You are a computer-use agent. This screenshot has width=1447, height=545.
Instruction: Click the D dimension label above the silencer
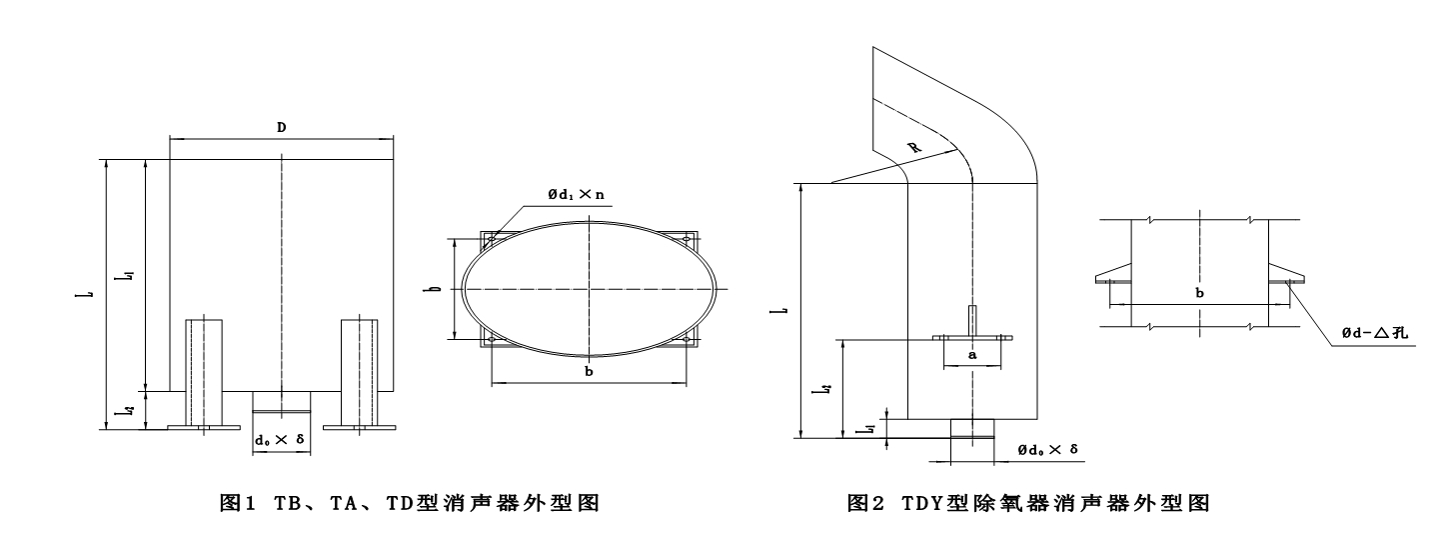[282, 127]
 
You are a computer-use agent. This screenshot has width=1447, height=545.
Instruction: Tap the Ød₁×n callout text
[577, 194]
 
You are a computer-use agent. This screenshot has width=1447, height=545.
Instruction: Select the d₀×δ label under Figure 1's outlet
[280, 440]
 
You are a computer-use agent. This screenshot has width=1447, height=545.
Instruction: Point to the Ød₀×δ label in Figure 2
[1048, 449]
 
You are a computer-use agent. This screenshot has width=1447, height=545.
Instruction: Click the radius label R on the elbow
[914, 147]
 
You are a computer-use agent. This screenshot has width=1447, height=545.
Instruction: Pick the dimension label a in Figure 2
[973, 355]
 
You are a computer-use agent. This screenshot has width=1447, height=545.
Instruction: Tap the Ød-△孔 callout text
[1375, 333]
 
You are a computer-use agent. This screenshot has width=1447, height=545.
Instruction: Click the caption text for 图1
[410, 502]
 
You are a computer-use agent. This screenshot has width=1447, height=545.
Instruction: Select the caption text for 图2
[1028, 502]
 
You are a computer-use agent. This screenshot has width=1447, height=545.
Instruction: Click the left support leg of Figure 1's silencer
[204, 374]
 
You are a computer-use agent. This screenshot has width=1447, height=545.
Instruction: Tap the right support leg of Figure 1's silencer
[360, 374]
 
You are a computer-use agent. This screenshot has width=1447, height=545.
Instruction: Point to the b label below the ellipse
[589, 371]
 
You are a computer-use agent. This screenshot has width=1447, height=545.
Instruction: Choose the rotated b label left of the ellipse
[436, 288]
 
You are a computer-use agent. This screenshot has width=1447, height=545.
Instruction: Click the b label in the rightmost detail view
[1199, 293]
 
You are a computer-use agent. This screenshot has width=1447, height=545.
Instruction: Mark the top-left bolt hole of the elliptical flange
[492, 239]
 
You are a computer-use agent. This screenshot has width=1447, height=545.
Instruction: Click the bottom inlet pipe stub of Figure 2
[972, 429]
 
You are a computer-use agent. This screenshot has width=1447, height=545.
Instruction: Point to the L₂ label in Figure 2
[823, 389]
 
